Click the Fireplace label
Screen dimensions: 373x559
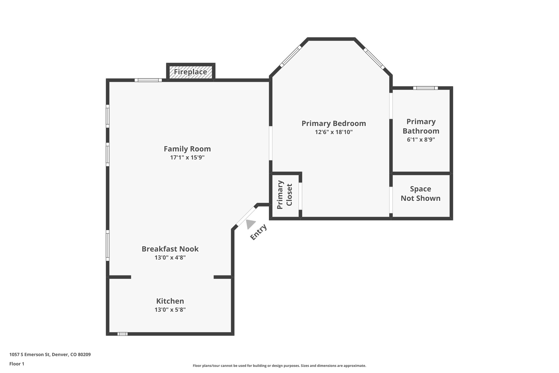191,72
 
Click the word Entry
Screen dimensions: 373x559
258,232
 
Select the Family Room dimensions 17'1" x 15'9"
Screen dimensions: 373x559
187,157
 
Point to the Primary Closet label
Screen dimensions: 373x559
284,195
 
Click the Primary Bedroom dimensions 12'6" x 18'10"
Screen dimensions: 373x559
334,132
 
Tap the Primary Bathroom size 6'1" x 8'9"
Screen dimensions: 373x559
421,139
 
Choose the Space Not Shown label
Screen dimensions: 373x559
420,193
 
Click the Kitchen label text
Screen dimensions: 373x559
170,301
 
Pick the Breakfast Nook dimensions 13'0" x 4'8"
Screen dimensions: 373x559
170,257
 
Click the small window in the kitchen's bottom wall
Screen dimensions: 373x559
123,334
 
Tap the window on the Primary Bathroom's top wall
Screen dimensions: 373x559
425,88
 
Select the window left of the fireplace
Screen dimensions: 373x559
148,80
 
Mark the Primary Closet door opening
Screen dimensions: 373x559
300,196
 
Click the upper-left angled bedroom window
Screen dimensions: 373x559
291,56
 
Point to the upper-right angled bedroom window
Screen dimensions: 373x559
374,58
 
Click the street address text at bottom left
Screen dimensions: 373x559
50,355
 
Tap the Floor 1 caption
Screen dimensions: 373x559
17,364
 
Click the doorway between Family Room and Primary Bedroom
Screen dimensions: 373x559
270,143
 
